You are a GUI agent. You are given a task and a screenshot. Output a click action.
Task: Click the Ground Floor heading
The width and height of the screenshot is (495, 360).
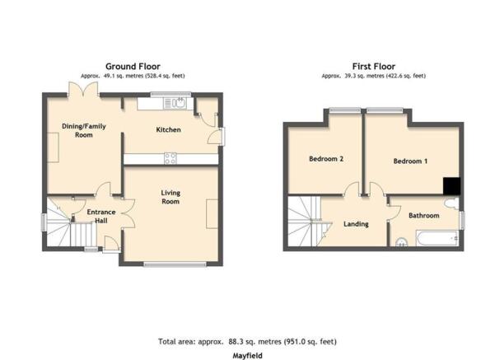coord(133,67)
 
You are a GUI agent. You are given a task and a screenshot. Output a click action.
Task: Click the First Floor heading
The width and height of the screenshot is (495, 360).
coord(373,67)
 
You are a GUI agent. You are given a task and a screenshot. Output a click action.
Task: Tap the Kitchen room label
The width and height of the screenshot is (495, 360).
coord(168,129)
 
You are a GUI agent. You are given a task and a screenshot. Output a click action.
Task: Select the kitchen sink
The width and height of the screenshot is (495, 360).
coord(175,103)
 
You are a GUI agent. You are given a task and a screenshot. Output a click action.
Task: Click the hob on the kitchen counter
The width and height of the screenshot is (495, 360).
coord(170,158)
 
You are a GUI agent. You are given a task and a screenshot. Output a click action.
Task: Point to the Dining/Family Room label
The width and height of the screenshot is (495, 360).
coord(84,130)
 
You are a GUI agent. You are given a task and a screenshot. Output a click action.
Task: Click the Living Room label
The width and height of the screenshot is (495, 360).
coord(170,197)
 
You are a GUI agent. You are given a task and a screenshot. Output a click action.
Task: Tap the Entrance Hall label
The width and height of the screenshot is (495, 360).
coord(101,217)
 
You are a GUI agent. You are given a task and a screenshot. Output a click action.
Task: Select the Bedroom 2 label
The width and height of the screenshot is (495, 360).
coord(326,158)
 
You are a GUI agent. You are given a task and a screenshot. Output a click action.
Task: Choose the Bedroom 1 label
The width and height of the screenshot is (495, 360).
coord(410,161)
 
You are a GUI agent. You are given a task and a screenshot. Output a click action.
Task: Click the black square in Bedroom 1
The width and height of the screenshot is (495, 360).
coord(451,186)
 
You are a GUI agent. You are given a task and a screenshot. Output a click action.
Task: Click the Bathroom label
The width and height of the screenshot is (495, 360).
coord(423,215)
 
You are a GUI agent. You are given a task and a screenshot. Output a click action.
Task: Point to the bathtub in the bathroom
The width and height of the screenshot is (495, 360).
coord(437,238)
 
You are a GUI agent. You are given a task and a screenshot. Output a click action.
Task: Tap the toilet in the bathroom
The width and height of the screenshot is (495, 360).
coord(451,203)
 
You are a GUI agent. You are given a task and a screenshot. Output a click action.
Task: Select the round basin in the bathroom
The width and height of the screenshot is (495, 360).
coord(402,242)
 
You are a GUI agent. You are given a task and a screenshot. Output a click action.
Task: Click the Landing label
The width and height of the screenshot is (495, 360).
coord(356,224)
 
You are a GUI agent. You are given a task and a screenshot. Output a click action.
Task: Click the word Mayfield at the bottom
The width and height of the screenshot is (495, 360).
coord(247,356)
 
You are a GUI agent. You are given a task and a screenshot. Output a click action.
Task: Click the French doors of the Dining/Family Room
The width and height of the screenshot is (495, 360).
coord(83,89)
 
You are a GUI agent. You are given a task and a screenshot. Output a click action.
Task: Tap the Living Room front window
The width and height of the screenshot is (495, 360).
coord(175,264)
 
